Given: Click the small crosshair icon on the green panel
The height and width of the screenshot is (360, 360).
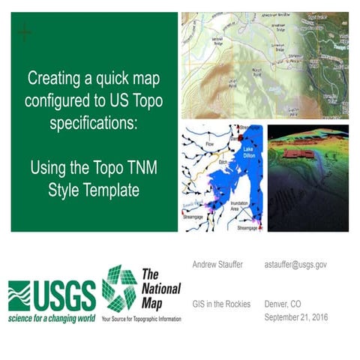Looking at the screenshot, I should (x=25, y=32).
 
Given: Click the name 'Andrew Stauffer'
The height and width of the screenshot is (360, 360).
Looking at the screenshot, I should (x=216, y=265).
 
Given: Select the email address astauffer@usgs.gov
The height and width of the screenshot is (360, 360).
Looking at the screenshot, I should (x=295, y=265).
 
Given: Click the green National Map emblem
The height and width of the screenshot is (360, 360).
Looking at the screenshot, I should (x=119, y=289).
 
